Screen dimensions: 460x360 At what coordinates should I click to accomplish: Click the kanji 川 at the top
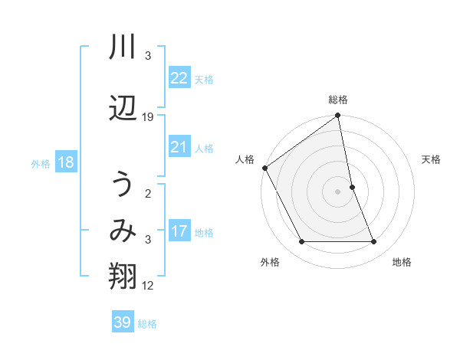123,48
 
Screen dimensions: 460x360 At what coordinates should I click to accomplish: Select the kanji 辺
123,108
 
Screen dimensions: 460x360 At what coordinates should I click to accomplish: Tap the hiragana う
123,185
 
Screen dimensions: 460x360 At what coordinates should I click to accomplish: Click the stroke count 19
148,117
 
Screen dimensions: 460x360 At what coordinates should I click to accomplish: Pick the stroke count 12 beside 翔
148,286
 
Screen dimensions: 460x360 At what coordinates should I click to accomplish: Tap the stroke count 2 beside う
148,194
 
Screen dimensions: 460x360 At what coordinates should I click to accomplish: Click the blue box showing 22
179,78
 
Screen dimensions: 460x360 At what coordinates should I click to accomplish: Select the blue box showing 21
179,147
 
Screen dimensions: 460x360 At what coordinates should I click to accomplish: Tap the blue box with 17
179,231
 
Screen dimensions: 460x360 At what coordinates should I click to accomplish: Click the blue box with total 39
123,322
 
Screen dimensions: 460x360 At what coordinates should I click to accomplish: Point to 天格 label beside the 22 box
204,79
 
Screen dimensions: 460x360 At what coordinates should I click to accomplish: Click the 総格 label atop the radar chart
338,100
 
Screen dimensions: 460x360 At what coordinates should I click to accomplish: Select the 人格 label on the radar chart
245,159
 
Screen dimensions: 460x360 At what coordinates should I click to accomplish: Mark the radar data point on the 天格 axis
352,187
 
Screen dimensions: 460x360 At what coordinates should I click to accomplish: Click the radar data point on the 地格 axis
374,242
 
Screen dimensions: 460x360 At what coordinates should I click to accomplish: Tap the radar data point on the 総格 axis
338,116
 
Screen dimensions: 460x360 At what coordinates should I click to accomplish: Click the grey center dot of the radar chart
338,191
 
